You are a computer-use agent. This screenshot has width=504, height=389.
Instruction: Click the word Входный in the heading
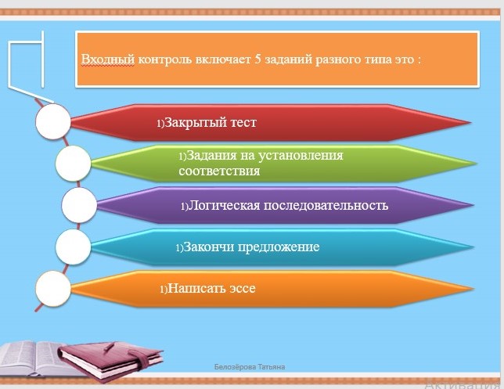(x=108, y=59)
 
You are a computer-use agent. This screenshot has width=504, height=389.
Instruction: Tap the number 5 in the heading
(x=257, y=59)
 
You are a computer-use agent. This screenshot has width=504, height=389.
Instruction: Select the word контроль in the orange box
(x=164, y=59)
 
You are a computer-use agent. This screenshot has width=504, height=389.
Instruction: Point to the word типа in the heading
(x=378, y=59)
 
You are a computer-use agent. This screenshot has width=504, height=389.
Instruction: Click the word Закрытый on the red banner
(x=192, y=123)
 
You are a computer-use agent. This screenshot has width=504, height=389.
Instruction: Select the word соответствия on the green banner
(x=219, y=171)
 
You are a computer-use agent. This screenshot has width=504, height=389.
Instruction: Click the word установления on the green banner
(x=301, y=156)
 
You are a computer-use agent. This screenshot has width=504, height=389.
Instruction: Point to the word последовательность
(x=326, y=205)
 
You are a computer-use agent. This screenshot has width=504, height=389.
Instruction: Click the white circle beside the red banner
(x=53, y=121)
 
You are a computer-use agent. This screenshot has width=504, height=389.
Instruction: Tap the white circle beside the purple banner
(x=79, y=205)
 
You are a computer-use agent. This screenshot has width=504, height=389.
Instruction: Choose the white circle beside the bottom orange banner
(x=53, y=288)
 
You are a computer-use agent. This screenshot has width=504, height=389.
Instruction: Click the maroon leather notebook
(x=110, y=361)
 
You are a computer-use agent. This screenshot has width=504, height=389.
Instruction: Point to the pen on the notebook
(x=109, y=348)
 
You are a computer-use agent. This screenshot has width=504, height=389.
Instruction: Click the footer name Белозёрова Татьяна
(x=250, y=367)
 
